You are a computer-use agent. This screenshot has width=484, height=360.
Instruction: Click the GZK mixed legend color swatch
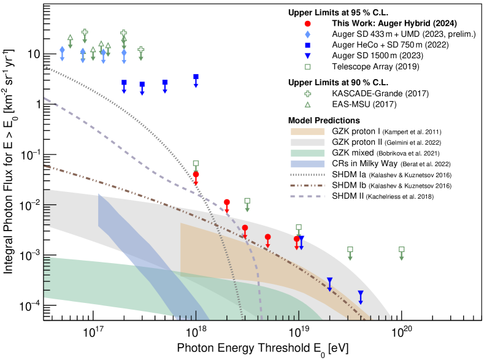(308, 153)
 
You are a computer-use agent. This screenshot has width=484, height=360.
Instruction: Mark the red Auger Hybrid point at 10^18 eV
(196, 174)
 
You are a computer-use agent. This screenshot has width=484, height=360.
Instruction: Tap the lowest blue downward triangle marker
(361, 294)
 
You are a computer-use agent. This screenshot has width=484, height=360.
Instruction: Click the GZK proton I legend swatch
(308, 131)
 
